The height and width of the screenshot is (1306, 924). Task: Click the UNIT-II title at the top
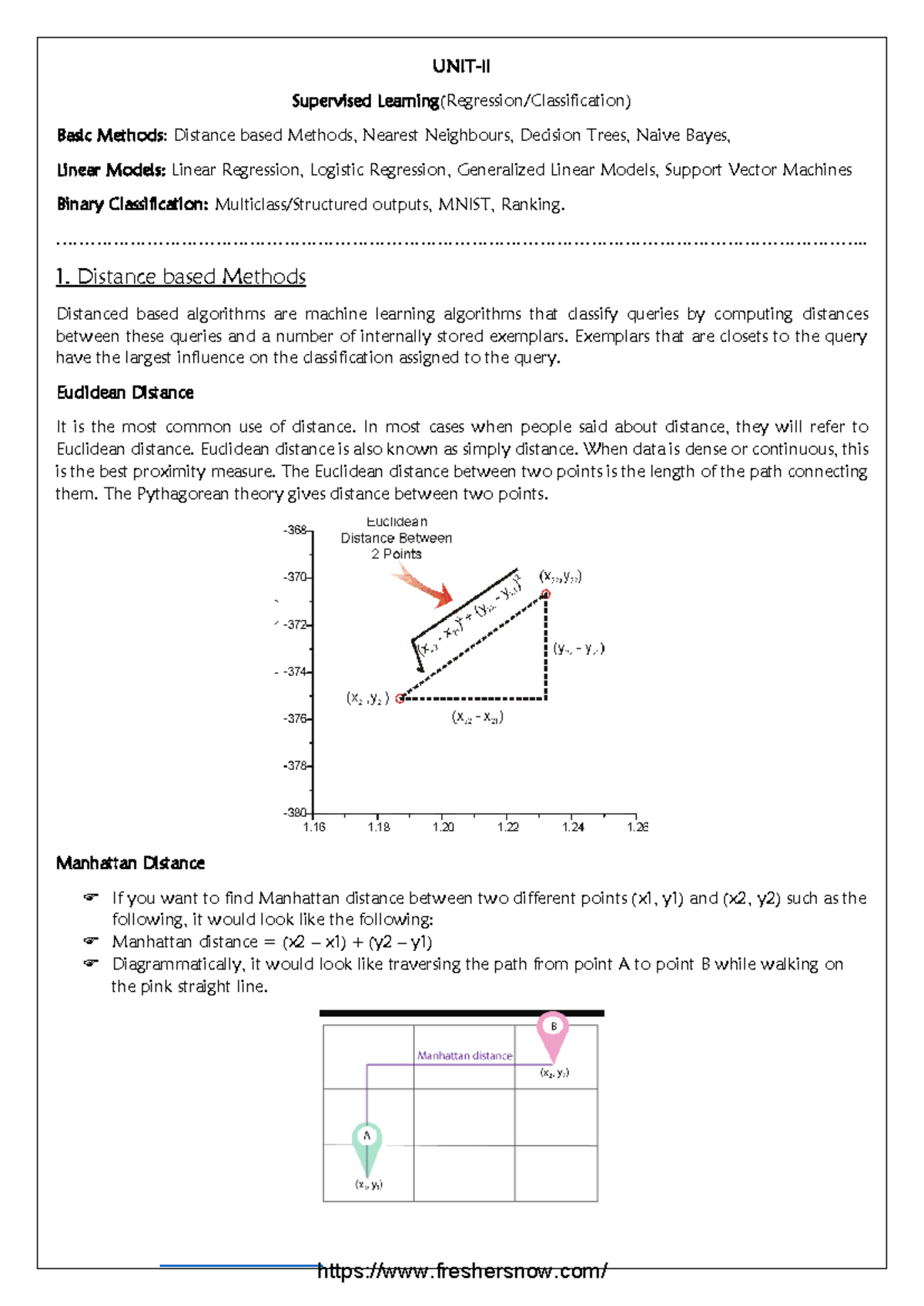point(460,66)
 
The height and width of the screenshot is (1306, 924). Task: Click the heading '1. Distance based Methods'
point(181,276)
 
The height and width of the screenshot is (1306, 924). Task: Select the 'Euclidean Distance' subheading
point(125,393)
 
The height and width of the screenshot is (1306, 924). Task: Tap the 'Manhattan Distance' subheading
point(130,863)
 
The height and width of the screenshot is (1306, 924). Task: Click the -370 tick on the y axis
point(296,577)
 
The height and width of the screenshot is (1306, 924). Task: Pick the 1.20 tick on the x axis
point(443,827)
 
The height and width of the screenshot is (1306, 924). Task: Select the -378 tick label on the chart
point(296,765)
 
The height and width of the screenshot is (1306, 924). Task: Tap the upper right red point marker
point(546,594)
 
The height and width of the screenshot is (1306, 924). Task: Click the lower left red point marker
point(400,698)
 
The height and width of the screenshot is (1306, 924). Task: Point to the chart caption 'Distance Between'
point(396,538)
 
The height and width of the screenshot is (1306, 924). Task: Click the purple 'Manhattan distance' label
point(464,1056)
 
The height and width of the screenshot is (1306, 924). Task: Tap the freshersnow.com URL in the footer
point(462,1271)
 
